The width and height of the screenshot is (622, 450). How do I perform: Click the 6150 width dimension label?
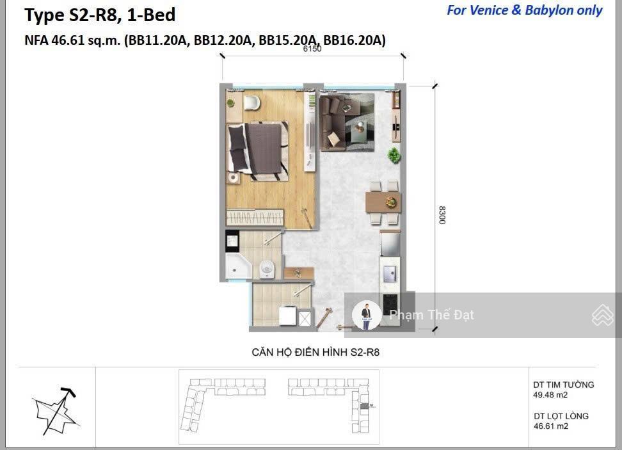[x=312, y=49]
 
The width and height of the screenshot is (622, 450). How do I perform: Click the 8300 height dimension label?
[x=442, y=215]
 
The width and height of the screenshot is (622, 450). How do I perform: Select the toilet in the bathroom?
[x=267, y=269]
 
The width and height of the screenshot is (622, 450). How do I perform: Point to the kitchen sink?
[x=390, y=273]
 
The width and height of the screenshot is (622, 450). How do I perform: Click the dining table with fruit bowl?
[x=383, y=202]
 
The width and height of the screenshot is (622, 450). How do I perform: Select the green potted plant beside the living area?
[x=394, y=155]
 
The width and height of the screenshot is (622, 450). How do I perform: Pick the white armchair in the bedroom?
[x=251, y=102]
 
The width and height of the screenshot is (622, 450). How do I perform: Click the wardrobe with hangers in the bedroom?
[x=255, y=218]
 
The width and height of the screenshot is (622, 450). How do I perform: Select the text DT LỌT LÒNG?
[x=561, y=416]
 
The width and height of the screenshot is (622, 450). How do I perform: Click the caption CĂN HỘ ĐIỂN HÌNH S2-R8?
[x=315, y=352]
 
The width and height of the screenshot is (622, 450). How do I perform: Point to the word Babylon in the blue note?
[x=550, y=10]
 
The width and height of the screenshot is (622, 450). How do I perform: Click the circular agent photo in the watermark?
[x=367, y=315]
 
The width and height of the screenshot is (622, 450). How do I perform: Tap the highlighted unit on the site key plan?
[x=364, y=406]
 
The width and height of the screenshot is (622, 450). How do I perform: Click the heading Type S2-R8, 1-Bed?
[x=100, y=15]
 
